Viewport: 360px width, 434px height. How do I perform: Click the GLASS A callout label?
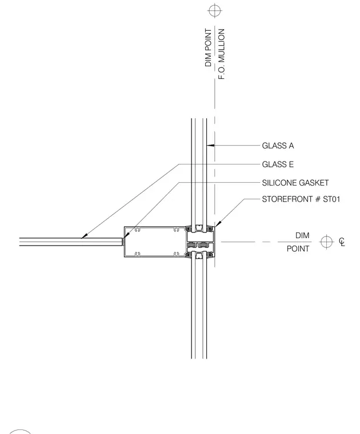point(278,146)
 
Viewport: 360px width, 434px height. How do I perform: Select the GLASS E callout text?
point(278,164)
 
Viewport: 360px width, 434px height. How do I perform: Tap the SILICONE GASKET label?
point(295,183)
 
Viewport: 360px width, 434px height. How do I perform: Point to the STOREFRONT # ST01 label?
point(301,199)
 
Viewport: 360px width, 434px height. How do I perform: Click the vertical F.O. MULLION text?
point(222,54)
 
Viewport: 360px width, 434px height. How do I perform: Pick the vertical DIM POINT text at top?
point(208,47)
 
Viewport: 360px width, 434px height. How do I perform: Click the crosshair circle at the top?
point(215,10)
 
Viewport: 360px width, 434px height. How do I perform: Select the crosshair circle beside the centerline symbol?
point(326,242)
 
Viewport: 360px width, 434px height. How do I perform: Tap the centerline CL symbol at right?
point(342,242)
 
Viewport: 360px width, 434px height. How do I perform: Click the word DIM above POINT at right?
point(302,235)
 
